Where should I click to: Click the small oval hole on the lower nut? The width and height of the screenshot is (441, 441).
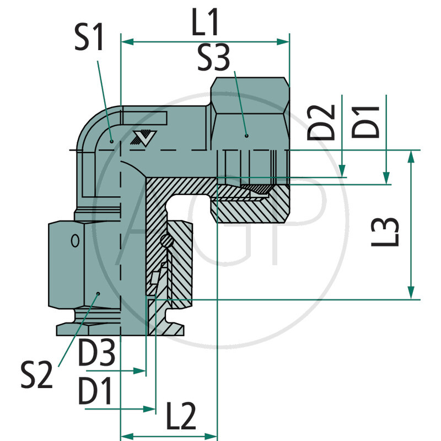click(74, 241)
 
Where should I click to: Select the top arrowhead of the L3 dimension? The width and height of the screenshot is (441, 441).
click(411, 156)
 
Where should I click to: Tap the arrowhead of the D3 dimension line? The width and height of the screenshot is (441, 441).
click(142, 372)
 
